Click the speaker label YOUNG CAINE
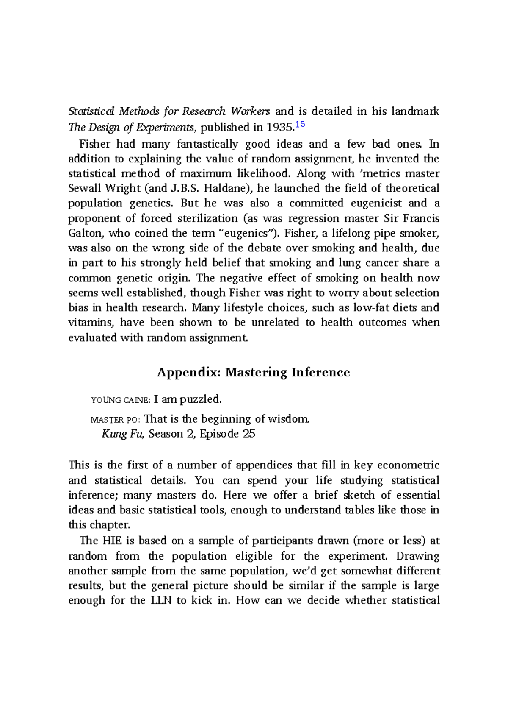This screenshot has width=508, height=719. pos(121,400)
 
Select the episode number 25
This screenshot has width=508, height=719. pos(249,434)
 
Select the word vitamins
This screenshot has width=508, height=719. pos(91,323)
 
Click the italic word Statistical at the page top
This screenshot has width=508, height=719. pos(91,112)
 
